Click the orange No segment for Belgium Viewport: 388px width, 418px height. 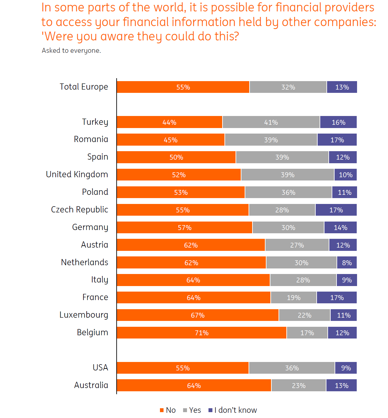tap(202, 333)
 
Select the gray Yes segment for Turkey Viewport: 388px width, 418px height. tap(271, 122)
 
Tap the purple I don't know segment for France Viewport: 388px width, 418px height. tap(337, 297)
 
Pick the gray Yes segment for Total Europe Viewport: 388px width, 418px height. tap(288, 87)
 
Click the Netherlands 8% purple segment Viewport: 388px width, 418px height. tap(347, 263)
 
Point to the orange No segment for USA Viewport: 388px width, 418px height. tap(183, 368)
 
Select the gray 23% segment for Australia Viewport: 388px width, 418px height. tap(299, 385)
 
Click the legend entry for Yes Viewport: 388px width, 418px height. tap(192, 410)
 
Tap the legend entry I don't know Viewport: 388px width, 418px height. tap(233, 410)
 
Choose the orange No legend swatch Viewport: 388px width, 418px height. tap(162, 410)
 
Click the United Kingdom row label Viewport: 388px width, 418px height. tap(77, 175)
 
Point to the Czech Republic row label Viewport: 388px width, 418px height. tap(79, 209)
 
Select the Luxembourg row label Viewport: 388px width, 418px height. tap(84, 315)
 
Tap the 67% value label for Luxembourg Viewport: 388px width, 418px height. tap(198, 315)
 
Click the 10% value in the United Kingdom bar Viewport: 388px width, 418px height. tap(346, 175)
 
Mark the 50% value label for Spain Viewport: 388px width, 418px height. tap(176, 157)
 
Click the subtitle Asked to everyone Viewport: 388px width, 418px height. tap(71, 50)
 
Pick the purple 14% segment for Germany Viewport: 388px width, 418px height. tap(340, 227)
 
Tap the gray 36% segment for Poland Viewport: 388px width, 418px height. tap(288, 192)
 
